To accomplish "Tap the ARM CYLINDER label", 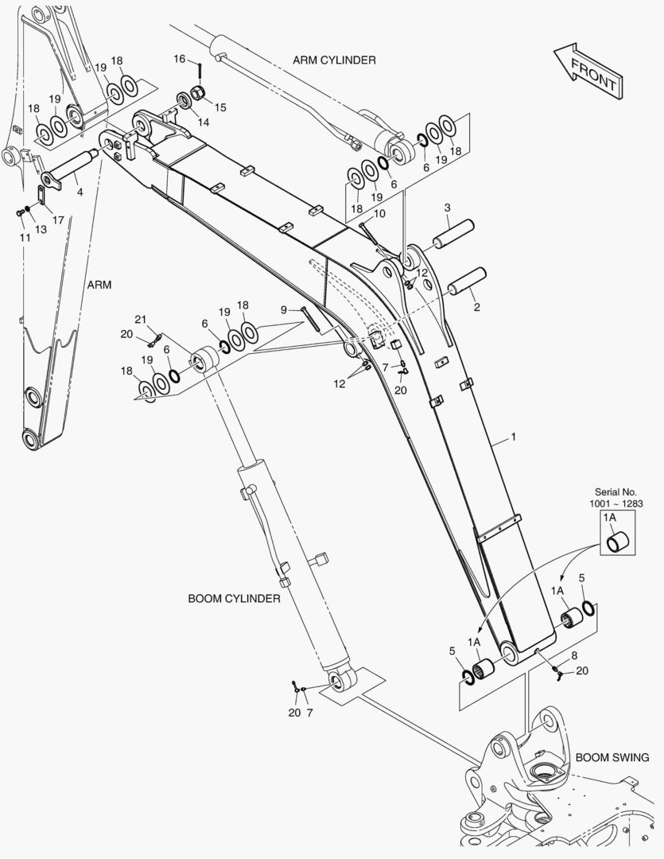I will [x=334, y=60].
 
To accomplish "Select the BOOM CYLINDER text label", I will [x=234, y=598].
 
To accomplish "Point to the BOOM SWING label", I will [x=612, y=757].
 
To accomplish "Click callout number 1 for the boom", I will [x=513, y=437].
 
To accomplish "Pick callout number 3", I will [x=447, y=208].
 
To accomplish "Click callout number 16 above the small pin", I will [x=179, y=59].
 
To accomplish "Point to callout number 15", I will [x=219, y=107].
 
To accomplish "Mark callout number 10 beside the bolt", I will [x=379, y=214].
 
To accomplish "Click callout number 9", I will [x=284, y=309].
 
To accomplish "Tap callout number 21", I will [x=140, y=319].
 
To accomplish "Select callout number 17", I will [x=58, y=220].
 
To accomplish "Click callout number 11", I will [x=25, y=238].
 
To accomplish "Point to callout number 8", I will [x=574, y=655].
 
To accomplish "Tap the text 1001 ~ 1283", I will [x=615, y=503].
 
